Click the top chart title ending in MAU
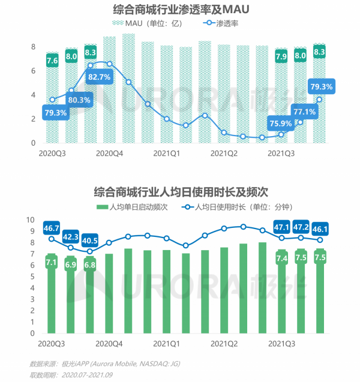(181, 10)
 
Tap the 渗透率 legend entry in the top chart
(226, 23)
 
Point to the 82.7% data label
(99, 77)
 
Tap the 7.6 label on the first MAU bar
(52, 60)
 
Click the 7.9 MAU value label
(281, 57)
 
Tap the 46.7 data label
(52, 227)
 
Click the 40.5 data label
(91, 238)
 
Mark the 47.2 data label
(300, 227)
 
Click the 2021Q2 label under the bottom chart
(224, 344)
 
